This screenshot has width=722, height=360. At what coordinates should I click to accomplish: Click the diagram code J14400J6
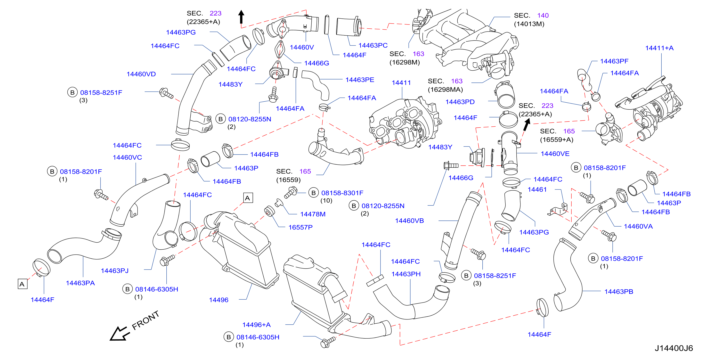673,348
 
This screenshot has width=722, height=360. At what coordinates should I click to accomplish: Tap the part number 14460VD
141,74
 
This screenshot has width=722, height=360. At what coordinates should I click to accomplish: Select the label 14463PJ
115,270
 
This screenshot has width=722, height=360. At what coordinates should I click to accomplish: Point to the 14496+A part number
256,325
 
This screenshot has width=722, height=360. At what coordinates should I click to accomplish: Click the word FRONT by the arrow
146,320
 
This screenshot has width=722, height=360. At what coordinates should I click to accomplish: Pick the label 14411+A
659,48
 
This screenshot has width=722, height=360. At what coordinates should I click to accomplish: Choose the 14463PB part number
619,292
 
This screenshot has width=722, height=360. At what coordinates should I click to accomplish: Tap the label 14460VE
555,154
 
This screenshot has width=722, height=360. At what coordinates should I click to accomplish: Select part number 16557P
300,227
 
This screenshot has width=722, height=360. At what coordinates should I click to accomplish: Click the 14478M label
313,214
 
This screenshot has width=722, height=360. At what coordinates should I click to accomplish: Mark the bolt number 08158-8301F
342,193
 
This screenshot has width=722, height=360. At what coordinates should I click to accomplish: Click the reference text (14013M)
529,24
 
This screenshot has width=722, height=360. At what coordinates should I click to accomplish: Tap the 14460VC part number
127,157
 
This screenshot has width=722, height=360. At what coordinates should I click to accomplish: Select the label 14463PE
360,80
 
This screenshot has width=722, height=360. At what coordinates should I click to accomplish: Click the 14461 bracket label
537,189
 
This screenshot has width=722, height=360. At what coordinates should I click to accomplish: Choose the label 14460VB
409,221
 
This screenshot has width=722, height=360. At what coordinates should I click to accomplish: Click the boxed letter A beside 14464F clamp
22,284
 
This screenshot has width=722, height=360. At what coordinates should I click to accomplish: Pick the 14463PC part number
373,45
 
